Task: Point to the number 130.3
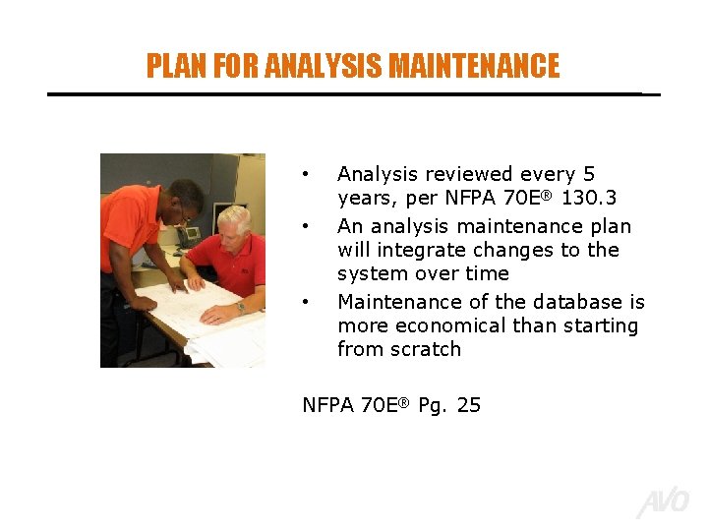point(589,198)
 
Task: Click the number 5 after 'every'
point(589,174)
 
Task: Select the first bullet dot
point(308,175)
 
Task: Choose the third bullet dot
point(308,301)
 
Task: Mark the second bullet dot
point(308,227)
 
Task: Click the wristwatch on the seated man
point(239,307)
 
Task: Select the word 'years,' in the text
point(367,198)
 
